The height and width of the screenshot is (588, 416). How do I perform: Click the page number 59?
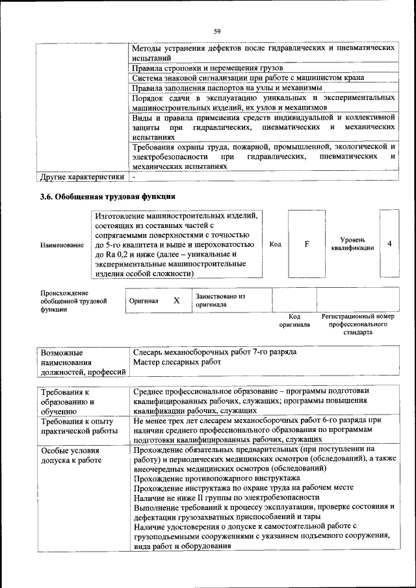pos(216,31)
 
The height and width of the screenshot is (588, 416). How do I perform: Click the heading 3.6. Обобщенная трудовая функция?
pos(107,196)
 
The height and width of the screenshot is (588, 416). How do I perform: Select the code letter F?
pos(306,244)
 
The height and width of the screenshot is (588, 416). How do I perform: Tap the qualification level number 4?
pos(389,244)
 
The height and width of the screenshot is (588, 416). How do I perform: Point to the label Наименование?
pos(62,245)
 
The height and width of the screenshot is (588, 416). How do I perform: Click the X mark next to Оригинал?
pos(176,301)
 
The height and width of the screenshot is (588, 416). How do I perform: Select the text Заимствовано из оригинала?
pos(220,300)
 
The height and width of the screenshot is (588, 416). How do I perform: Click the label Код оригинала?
pos(294,320)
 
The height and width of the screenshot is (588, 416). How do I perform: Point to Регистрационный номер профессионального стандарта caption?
pos(358,324)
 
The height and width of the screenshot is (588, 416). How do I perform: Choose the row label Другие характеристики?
pos(81,176)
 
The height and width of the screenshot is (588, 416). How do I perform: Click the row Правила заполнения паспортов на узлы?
pos(227,88)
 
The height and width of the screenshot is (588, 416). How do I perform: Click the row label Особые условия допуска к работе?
pos(71,455)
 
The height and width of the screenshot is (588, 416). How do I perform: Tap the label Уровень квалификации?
pos(352,244)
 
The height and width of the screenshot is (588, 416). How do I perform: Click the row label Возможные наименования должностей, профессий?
pos(83,362)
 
